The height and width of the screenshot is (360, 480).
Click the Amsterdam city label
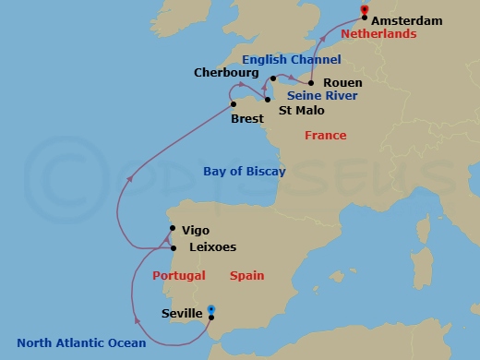(x=407, y=20)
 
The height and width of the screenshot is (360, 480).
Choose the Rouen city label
(x=342, y=82)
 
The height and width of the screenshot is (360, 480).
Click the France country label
(x=326, y=136)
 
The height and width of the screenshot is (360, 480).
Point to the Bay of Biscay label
(x=244, y=172)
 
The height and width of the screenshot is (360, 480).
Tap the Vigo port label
(x=196, y=230)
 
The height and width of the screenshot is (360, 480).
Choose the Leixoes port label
(x=211, y=247)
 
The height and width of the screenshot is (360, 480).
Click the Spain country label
(x=247, y=275)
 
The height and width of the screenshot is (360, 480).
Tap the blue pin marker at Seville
(x=211, y=311)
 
